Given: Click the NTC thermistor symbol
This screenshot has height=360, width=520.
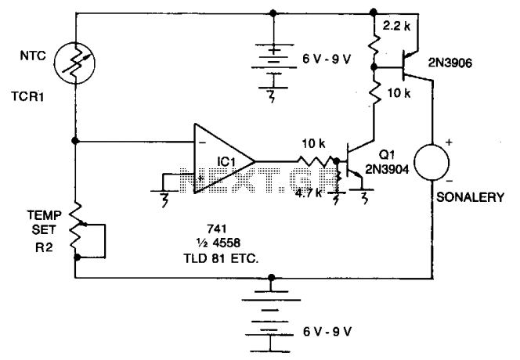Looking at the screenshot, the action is (x=74, y=63).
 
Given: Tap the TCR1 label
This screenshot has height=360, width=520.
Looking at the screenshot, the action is (x=28, y=97).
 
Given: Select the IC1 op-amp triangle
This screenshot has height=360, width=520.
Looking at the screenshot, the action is (x=225, y=159).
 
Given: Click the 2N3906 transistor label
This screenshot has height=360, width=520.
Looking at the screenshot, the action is (x=450, y=63).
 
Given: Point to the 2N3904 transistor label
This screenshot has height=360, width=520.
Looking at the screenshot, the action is (x=387, y=169).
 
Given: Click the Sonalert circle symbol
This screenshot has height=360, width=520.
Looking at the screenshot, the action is (x=432, y=163).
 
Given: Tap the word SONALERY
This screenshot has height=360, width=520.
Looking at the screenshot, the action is (x=470, y=197).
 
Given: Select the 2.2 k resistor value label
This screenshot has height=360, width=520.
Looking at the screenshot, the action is (x=396, y=26).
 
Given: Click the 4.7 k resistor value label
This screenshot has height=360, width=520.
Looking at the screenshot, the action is (x=309, y=193).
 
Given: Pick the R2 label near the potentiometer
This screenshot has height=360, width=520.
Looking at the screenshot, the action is (x=44, y=247).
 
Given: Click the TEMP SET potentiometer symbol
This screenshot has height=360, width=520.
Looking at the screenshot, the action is (x=76, y=230).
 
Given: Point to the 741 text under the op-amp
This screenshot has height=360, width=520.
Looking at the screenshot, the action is (x=217, y=229).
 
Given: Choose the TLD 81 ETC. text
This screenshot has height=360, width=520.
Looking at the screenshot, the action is (x=221, y=258).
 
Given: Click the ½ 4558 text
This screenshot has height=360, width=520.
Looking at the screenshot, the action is (x=218, y=243).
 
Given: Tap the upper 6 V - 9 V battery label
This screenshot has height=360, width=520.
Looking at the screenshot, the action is (x=327, y=59).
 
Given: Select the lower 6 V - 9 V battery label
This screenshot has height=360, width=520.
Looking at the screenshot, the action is (x=327, y=332).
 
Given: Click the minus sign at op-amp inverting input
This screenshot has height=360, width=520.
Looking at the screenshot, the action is (x=203, y=143).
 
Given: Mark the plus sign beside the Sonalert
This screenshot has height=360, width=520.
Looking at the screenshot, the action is (x=449, y=142).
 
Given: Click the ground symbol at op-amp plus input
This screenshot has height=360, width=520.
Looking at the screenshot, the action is (x=164, y=196).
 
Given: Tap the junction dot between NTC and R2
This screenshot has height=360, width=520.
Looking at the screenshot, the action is (x=75, y=141).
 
